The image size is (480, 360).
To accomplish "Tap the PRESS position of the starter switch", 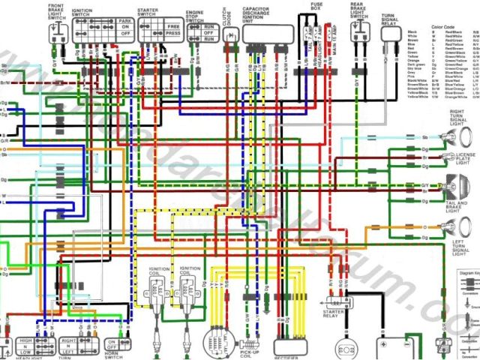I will click(x=172, y=34).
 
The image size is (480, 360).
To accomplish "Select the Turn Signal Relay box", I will click(x=388, y=34).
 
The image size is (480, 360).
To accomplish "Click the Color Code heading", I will click(x=443, y=25).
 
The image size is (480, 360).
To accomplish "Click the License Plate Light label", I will click(x=466, y=157).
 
